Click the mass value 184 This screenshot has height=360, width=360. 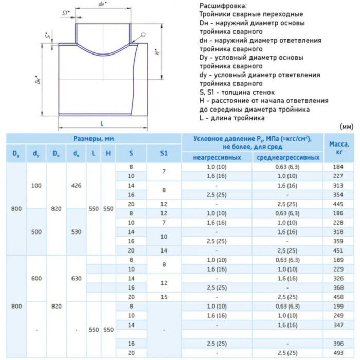pyautogui.click(x=338, y=167)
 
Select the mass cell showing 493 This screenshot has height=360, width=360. pyautogui.click(x=338, y=352)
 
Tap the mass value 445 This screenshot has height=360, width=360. pyautogui.click(x=338, y=204)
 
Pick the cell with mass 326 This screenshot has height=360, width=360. pyautogui.click(x=338, y=278)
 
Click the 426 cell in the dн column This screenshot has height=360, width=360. pyautogui.click(x=76, y=185)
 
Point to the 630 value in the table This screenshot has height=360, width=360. pyautogui.click(x=76, y=278)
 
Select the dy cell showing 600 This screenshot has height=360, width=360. pyautogui.click(x=35, y=278)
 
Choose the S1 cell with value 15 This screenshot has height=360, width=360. pyautogui.click(x=164, y=297)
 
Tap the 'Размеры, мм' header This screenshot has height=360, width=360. pyautogui.click(x=93, y=139)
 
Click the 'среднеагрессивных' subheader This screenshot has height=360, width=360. pyautogui.click(x=287, y=157)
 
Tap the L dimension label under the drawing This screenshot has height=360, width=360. pyautogui.click(x=102, y=124)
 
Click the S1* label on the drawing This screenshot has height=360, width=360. pyautogui.click(x=65, y=13)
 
